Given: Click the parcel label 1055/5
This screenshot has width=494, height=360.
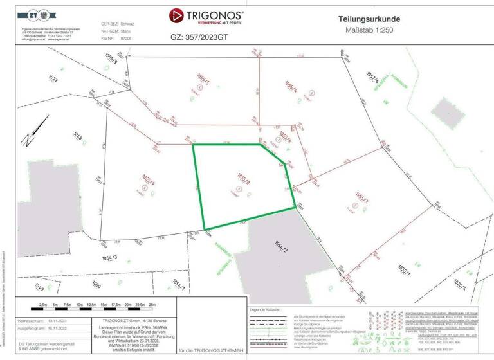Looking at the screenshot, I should (203, 83).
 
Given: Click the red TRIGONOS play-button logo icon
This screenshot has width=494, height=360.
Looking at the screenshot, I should (177, 15).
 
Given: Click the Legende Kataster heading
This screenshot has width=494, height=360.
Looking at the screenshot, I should (268, 310).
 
